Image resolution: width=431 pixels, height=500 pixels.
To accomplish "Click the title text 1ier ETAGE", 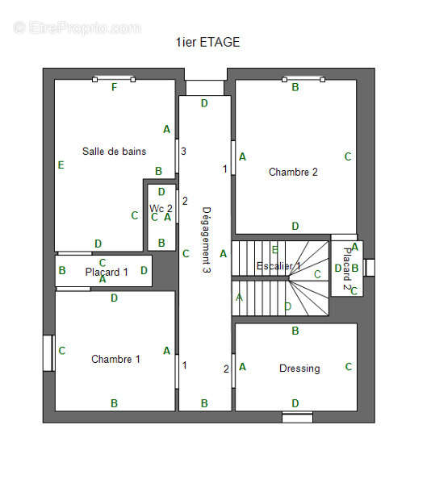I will coord(207,42).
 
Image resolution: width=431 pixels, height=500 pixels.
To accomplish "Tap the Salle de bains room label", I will coord(114,151).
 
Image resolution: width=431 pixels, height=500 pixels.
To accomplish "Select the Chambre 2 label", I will coord(293,172).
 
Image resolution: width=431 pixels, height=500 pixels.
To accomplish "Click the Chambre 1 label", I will coord(115,359).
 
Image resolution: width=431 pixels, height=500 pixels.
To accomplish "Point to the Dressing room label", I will coord(299,369).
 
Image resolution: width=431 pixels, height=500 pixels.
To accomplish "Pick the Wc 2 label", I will coord(161,208).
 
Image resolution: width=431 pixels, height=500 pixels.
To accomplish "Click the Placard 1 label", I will coord(107,273).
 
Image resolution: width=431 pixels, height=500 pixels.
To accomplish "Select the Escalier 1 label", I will coord(278,266).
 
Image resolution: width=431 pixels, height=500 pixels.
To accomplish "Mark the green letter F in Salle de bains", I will coord(114,88).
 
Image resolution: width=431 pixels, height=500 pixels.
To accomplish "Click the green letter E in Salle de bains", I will coord(61,165).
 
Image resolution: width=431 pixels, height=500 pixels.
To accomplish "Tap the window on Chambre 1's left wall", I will coord(48,353).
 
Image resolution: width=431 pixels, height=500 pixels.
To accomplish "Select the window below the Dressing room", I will coord(297,417).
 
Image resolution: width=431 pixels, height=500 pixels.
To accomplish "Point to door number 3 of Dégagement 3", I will coord(183,151).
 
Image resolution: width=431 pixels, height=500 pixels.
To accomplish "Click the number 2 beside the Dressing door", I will coord(226,369).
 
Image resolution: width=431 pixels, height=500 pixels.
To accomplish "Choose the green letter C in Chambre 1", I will coord(62,351).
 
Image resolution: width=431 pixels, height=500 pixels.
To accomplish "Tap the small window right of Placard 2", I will coord(370,267).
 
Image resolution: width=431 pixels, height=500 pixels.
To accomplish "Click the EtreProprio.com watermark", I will coord(77,27).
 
